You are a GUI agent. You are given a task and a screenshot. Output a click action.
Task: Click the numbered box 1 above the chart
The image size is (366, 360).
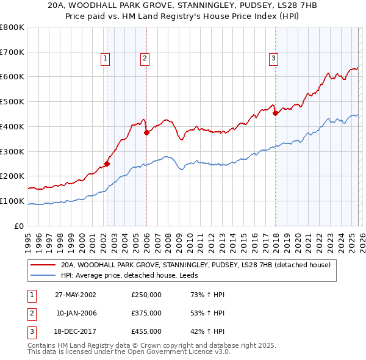pos(106,59)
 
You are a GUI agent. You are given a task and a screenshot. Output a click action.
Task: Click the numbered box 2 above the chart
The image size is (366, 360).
pos(145,59)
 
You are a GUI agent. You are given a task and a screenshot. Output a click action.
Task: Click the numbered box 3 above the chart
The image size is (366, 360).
pos(273,59)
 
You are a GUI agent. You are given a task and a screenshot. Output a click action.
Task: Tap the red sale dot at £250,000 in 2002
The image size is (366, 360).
pos(107,164)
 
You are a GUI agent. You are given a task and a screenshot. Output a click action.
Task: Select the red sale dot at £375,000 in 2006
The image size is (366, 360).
pos(146,132)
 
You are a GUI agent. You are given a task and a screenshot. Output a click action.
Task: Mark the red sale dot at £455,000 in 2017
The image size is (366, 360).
pos(275,112)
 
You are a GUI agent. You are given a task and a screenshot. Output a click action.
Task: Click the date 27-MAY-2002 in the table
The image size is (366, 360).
pos(76,295)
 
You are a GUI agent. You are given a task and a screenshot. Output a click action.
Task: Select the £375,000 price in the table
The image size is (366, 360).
pos(146,313)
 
